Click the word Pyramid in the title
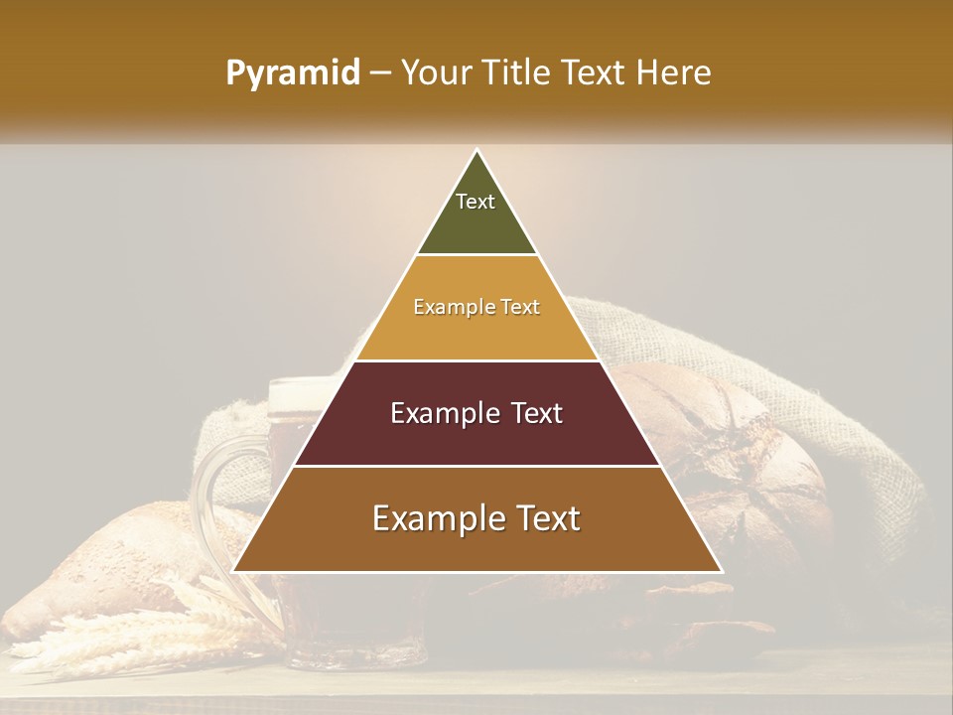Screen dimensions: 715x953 tap(292, 73)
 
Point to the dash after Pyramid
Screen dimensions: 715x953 tap(380, 74)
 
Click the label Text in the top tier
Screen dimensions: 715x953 tap(476, 202)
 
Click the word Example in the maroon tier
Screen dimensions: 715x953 tap(435, 413)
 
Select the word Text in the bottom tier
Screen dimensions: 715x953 tap(542, 518)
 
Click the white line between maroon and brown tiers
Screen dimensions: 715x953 tap(476, 466)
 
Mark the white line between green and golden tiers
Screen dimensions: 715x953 tap(476, 255)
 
